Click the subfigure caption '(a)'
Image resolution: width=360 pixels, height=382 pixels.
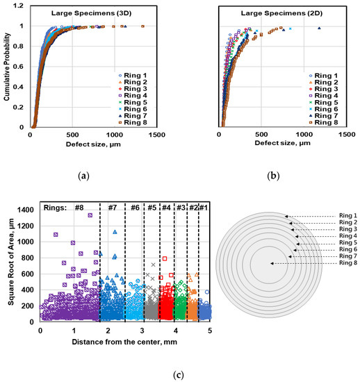[x=84, y=176]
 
